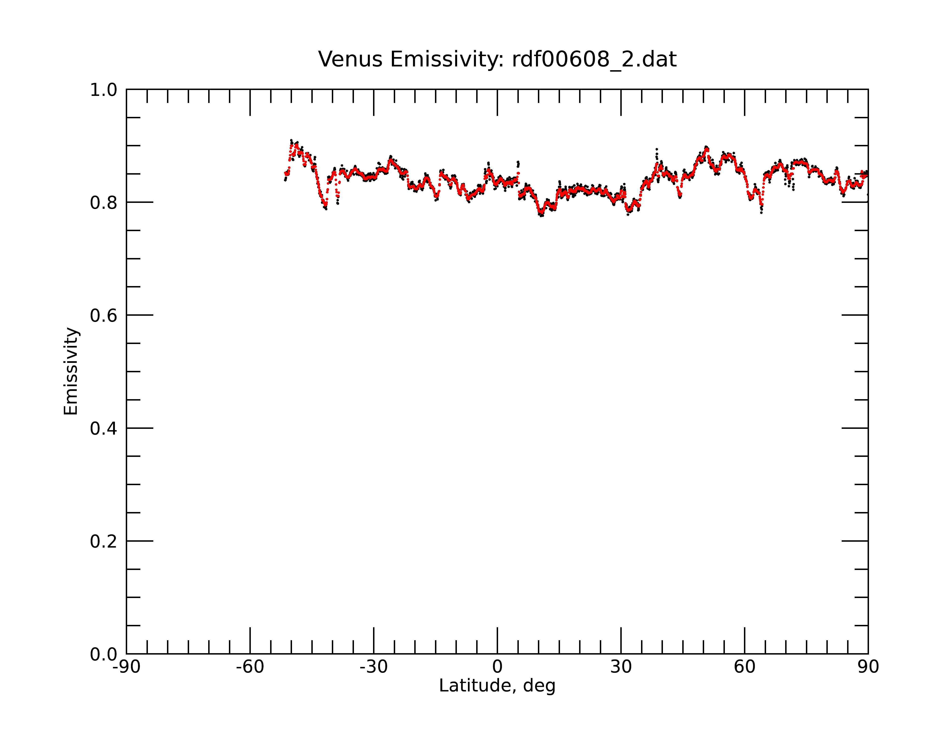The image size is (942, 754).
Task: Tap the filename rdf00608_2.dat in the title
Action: pyautogui.click(x=594, y=59)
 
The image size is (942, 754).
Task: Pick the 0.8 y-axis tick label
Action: pyautogui.click(x=104, y=203)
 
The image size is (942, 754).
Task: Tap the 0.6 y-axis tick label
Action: pyautogui.click(x=104, y=316)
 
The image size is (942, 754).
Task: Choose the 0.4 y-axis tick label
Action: pyautogui.click(x=104, y=429)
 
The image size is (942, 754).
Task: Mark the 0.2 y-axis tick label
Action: pyautogui.click(x=104, y=541)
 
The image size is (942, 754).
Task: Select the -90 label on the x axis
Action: pyautogui.click(x=126, y=667)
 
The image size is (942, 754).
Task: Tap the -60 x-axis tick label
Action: pyautogui.click(x=250, y=667)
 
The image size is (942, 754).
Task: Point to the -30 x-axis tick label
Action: pyautogui.click(x=374, y=667)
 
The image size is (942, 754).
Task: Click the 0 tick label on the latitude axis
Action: pyautogui.click(x=497, y=667)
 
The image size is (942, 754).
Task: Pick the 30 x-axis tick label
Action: pyautogui.click(x=621, y=667)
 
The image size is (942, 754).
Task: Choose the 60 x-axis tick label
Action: pyautogui.click(x=744, y=667)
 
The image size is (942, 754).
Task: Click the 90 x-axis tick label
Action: pyautogui.click(x=868, y=667)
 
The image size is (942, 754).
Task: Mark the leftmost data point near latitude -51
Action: pyautogui.click(x=285, y=180)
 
